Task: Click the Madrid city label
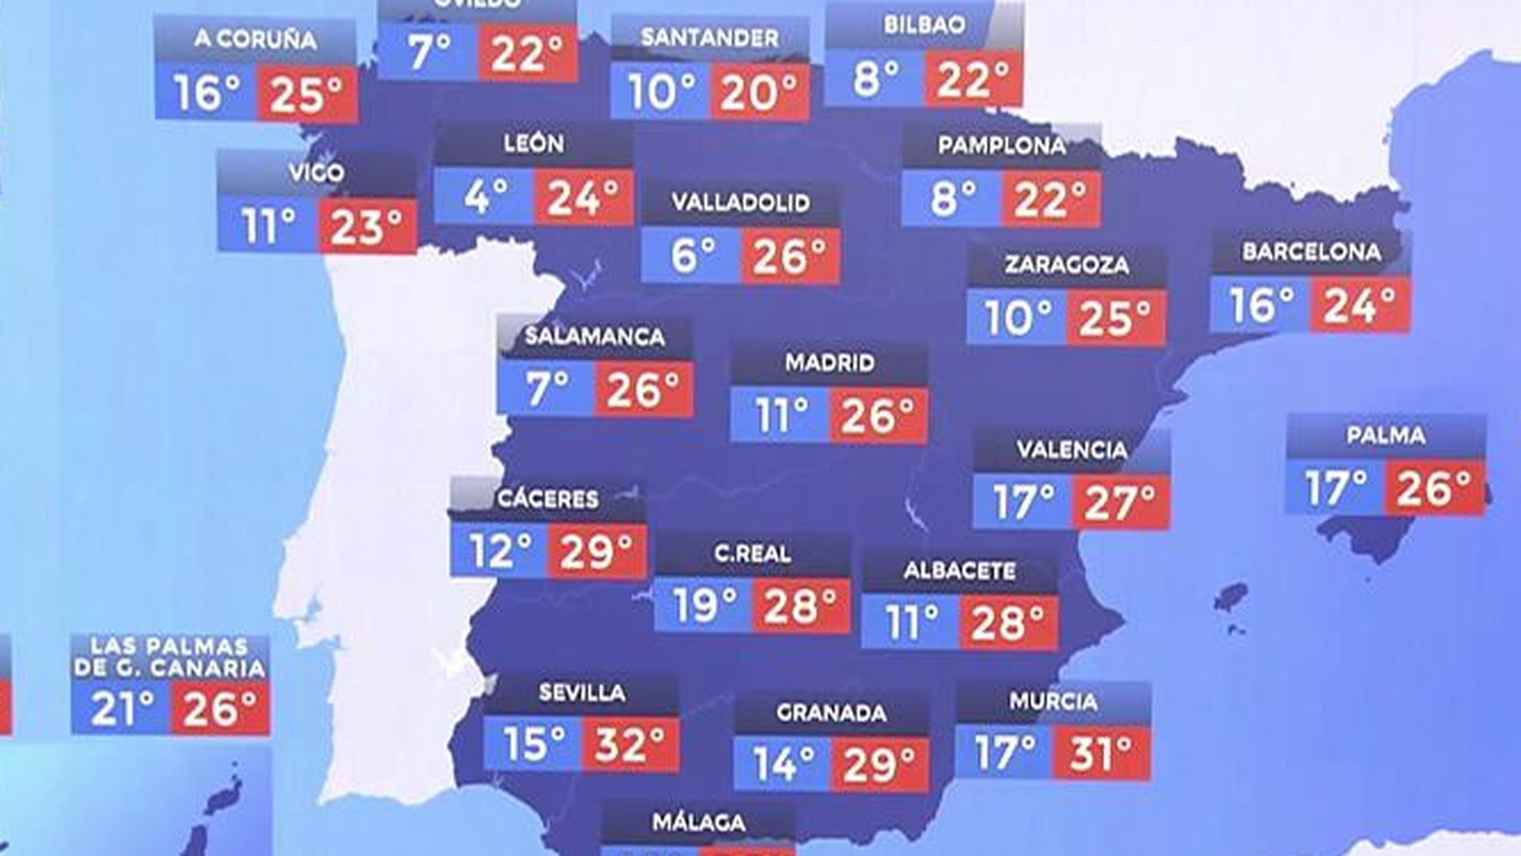tap(829, 363)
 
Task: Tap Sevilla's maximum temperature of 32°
tap(630, 744)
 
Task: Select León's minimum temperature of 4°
tap(485, 196)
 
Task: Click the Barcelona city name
tap(1311, 252)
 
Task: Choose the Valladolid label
tap(741, 202)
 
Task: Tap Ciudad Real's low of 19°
tap(704, 606)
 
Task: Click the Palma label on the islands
tap(1386, 435)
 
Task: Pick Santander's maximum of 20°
tap(759, 93)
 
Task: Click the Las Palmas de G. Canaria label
tap(170, 657)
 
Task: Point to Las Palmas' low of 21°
tap(121, 708)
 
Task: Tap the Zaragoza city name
tap(1066, 264)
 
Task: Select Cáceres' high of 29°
tap(596, 551)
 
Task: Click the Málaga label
tap(698, 823)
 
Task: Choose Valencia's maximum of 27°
tap(1119, 503)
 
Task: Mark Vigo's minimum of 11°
tap(268, 226)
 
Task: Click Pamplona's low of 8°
tap(953, 198)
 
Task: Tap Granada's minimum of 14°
tap(783, 764)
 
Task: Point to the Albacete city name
tap(959, 571)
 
